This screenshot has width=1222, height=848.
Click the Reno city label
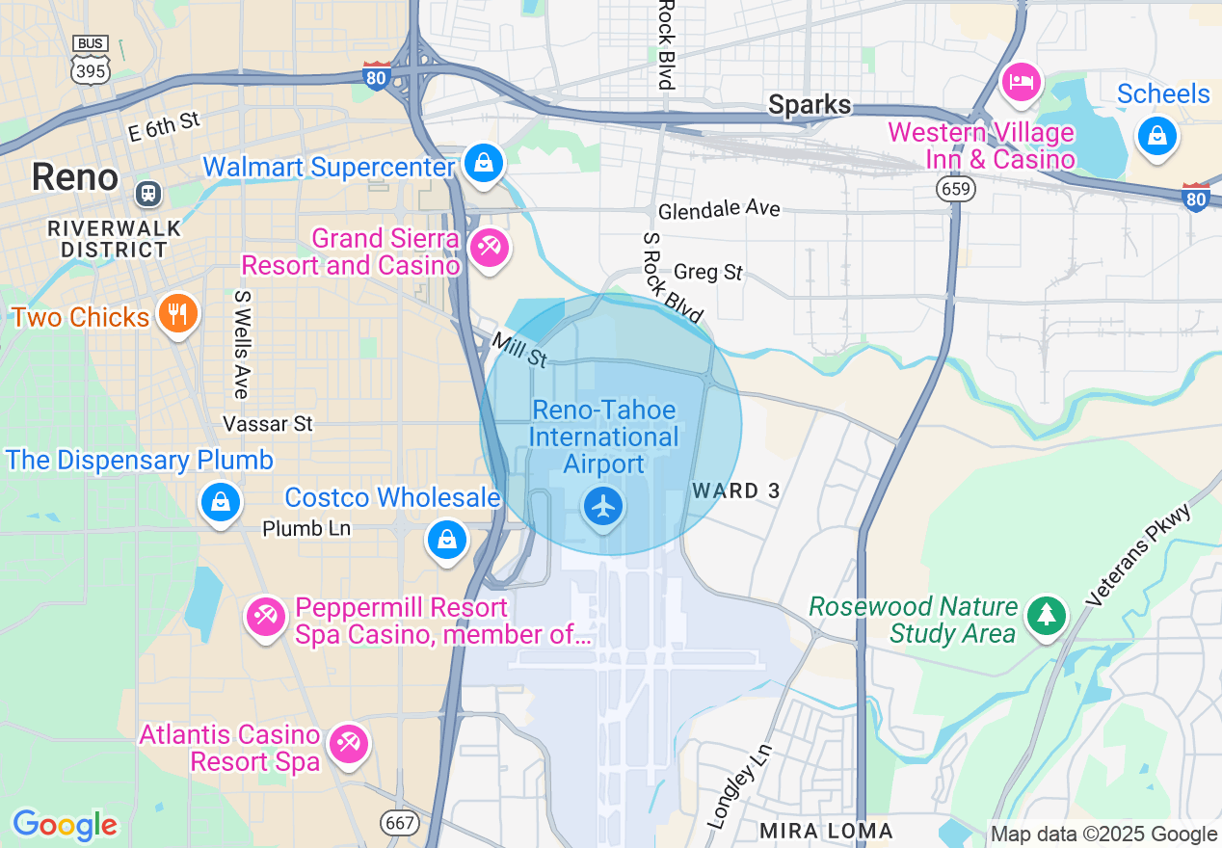point(74,177)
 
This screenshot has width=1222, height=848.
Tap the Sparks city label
point(810,105)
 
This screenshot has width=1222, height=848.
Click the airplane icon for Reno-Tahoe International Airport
point(603,505)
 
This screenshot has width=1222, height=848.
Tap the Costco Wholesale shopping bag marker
point(447,539)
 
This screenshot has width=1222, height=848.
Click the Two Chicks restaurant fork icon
point(177,313)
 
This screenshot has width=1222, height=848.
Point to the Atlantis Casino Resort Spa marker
point(347,744)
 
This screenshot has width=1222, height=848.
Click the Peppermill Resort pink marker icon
point(266,617)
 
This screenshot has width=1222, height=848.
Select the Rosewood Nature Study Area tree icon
point(1046,614)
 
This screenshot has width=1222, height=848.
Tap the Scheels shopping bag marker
point(1157,135)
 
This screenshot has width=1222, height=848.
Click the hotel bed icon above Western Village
point(1021,81)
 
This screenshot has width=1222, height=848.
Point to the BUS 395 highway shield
point(91,59)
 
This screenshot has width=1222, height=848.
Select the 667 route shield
point(400,822)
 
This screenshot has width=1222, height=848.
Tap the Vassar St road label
point(268,424)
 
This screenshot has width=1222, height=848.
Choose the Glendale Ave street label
point(719,209)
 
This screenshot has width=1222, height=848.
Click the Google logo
point(65,826)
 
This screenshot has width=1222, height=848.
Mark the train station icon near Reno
point(148,193)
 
